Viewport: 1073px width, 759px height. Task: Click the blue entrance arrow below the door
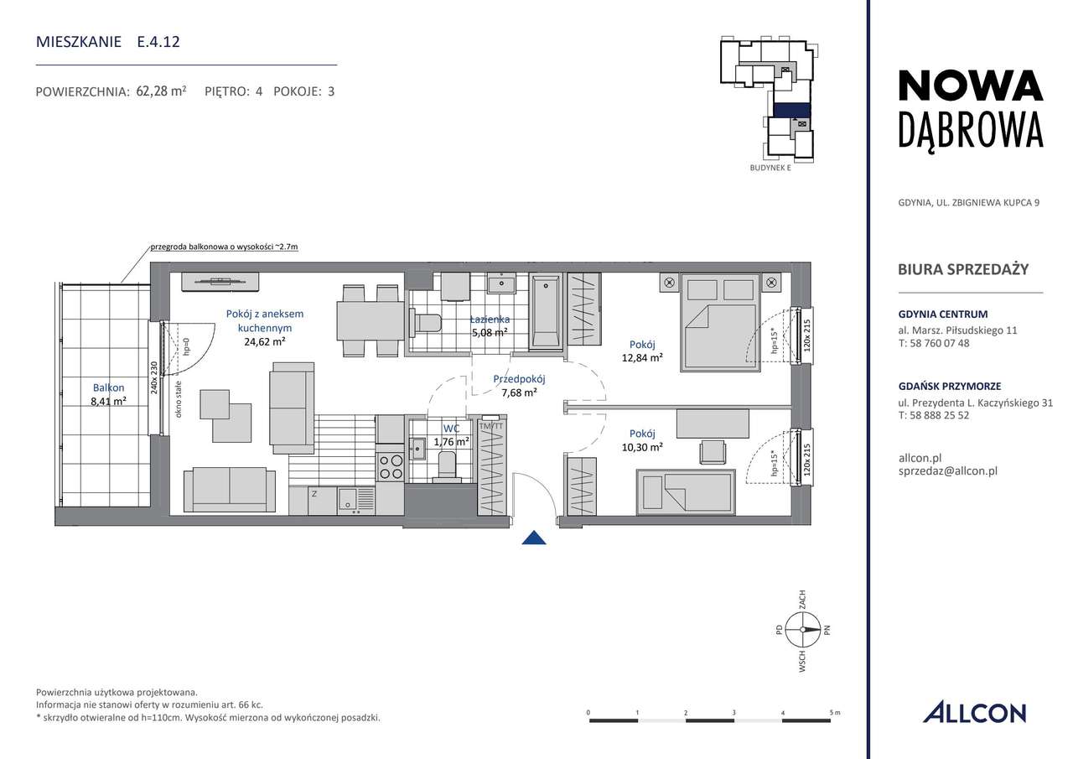(534, 538)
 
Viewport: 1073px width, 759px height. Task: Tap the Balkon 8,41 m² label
(109, 394)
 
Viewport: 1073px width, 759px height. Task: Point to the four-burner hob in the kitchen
(391, 465)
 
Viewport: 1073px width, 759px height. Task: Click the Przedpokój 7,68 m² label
(519, 385)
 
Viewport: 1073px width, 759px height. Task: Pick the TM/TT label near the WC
(491, 426)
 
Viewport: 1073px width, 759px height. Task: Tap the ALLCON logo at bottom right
(974, 713)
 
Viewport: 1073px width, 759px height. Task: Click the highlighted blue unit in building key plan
(790, 109)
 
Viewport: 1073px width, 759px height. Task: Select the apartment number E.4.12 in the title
(158, 41)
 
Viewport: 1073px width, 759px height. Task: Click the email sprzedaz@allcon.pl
(946, 471)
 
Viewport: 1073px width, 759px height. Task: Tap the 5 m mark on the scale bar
(835, 712)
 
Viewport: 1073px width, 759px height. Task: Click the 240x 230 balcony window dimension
(154, 377)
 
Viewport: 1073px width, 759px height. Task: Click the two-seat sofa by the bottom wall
(229, 489)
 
